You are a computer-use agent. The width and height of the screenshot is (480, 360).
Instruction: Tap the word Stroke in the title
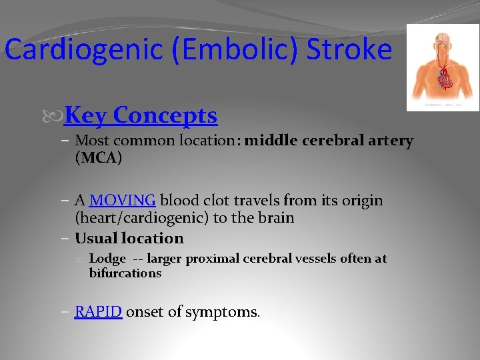pos(349,50)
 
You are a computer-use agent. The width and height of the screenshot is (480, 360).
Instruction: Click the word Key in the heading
pos(86,115)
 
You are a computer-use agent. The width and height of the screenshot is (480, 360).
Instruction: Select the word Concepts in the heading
pos(165,115)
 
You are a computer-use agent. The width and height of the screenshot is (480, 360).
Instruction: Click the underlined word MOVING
pos(123,201)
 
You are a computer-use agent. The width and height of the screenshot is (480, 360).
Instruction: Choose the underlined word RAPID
pos(98,311)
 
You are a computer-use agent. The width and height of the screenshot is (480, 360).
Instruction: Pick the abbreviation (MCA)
pos(99,158)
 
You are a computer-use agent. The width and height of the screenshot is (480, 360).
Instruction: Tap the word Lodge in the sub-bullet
pos(107,259)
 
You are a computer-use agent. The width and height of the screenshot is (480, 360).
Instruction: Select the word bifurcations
pos(125,273)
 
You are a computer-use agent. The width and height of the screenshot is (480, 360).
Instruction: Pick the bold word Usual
pos(95,238)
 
